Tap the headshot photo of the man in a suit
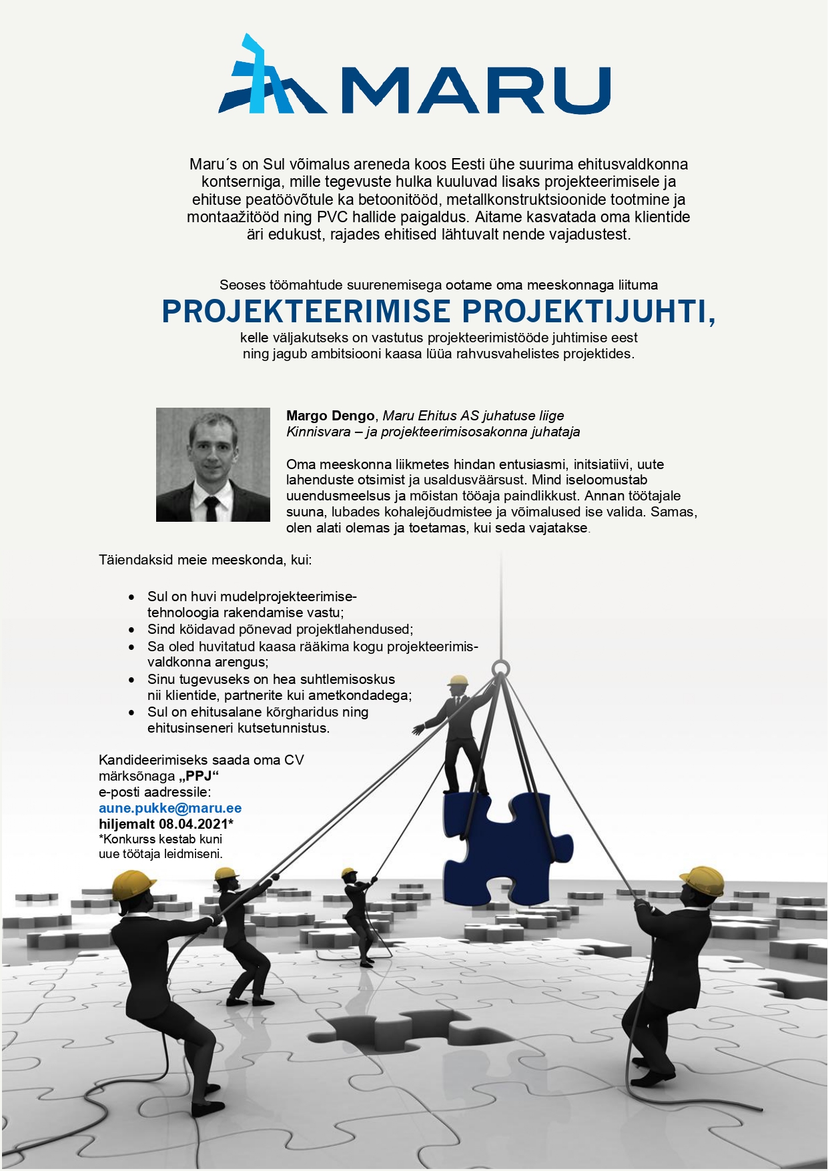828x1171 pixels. (x=213, y=464)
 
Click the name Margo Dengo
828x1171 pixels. (x=330, y=416)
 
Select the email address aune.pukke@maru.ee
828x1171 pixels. (x=170, y=808)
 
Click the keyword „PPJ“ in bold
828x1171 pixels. (x=199, y=776)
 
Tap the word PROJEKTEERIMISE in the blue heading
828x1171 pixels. (x=306, y=312)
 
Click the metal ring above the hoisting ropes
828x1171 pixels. (x=500, y=668)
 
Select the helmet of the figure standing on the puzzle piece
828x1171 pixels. (x=458, y=681)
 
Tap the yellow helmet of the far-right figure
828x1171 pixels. (x=703, y=880)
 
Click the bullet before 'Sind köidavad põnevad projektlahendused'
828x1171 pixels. (x=133, y=629)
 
